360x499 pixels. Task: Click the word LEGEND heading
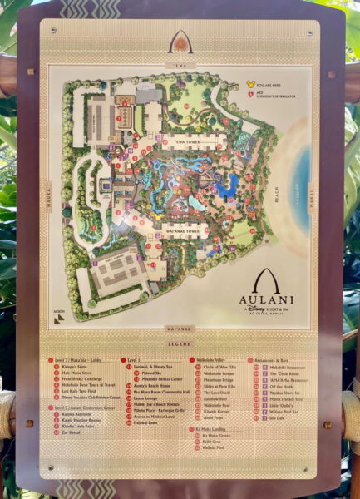coord(180,343)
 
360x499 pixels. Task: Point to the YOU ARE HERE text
coord(274,84)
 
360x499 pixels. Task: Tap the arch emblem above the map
coord(180,42)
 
